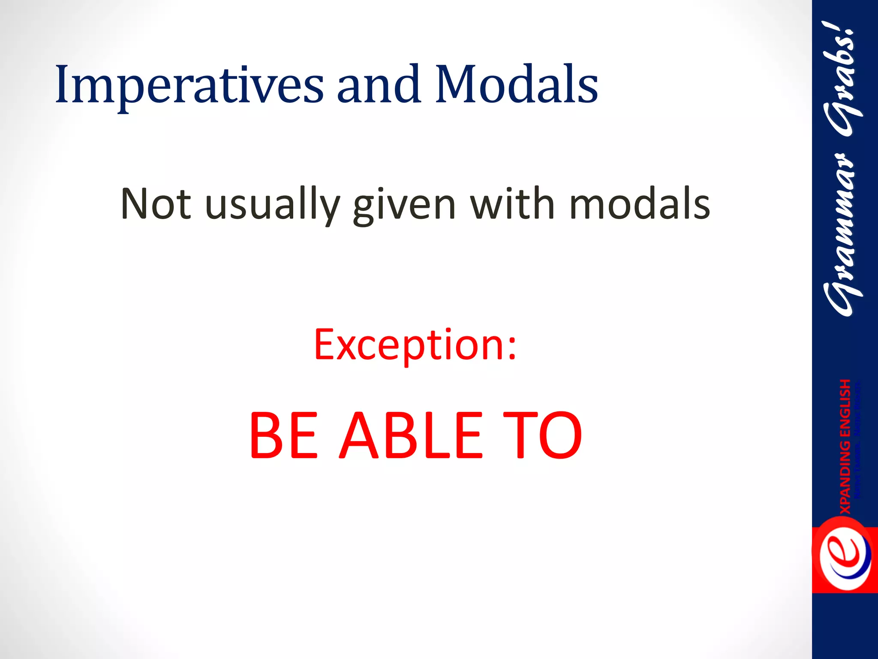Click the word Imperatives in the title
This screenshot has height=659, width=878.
pyautogui.click(x=189, y=85)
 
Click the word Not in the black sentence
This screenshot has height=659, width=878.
pyautogui.click(x=156, y=204)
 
